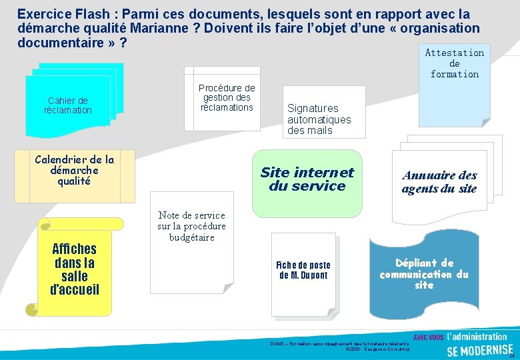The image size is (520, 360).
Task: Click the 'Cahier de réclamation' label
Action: tap(68, 105)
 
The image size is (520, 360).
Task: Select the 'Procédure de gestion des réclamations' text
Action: tap(227, 97)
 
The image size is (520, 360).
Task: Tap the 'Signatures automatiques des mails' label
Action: tap(319, 119)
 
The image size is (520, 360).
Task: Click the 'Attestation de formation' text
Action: tap(454, 63)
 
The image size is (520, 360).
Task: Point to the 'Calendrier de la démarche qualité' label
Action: tap(74, 170)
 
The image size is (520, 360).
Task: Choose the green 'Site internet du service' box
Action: tap(307, 179)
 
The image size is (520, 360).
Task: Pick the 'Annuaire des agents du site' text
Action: tap(439, 181)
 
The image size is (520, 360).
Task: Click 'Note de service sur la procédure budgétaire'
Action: tap(191, 226)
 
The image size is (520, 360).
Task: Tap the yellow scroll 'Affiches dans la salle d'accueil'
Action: tap(75, 269)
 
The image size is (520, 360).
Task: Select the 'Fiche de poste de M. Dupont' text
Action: tap(303, 270)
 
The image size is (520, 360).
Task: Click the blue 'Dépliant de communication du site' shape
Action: tap(424, 274)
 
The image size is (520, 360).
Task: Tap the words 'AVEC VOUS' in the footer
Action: tap(429, 337)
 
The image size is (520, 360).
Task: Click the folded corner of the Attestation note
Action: tap(485, 122)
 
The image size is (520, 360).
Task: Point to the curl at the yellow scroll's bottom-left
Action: tap(31, 309)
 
